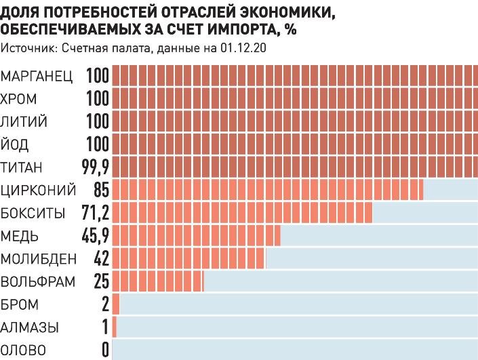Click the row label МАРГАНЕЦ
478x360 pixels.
[37, 75]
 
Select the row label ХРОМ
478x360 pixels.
[19, 98]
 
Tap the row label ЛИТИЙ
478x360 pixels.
[24, 121]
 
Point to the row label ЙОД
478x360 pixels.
[16, 144]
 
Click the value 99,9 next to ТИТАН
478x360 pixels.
[95, 167]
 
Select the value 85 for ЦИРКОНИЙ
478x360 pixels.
[102, 190]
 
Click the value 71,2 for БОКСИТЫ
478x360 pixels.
[95, 213]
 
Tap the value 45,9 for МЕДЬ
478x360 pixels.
[95, 236]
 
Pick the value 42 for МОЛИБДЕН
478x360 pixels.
[101, 258]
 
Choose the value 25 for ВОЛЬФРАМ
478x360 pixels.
[101, 281]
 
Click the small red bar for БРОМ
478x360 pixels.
[116, 304]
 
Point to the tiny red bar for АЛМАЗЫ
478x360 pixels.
[115, 327]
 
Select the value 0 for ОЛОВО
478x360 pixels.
[105, 351]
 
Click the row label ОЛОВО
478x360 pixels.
[24, 351]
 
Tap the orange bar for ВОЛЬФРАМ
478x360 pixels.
[158, 281]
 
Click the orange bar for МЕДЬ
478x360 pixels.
[196, 236]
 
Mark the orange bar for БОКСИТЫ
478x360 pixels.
[242, 213]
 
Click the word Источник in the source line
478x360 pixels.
[24, 48]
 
